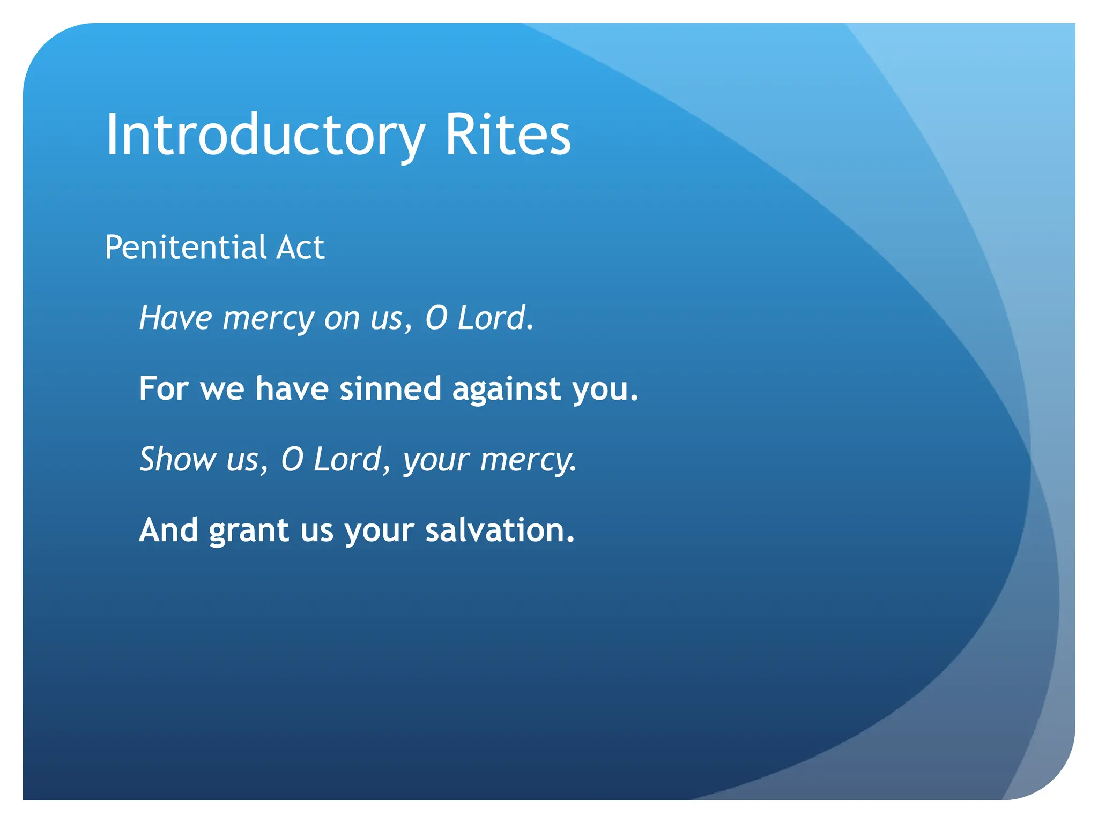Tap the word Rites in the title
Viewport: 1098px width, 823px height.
(507, 135)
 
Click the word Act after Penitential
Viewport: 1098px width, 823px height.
(300, 248)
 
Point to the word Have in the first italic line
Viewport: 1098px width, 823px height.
(176, 318)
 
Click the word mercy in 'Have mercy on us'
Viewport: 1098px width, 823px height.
(268, 319)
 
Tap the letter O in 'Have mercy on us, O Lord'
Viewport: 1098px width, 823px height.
(436, 318)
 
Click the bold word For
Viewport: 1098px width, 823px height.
(164, 388)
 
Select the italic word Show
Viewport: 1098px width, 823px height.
(177, 459)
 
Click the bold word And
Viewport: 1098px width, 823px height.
(168, 530)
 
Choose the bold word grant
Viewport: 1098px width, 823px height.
(249, 531)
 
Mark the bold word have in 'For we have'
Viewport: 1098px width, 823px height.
(292, 388)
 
